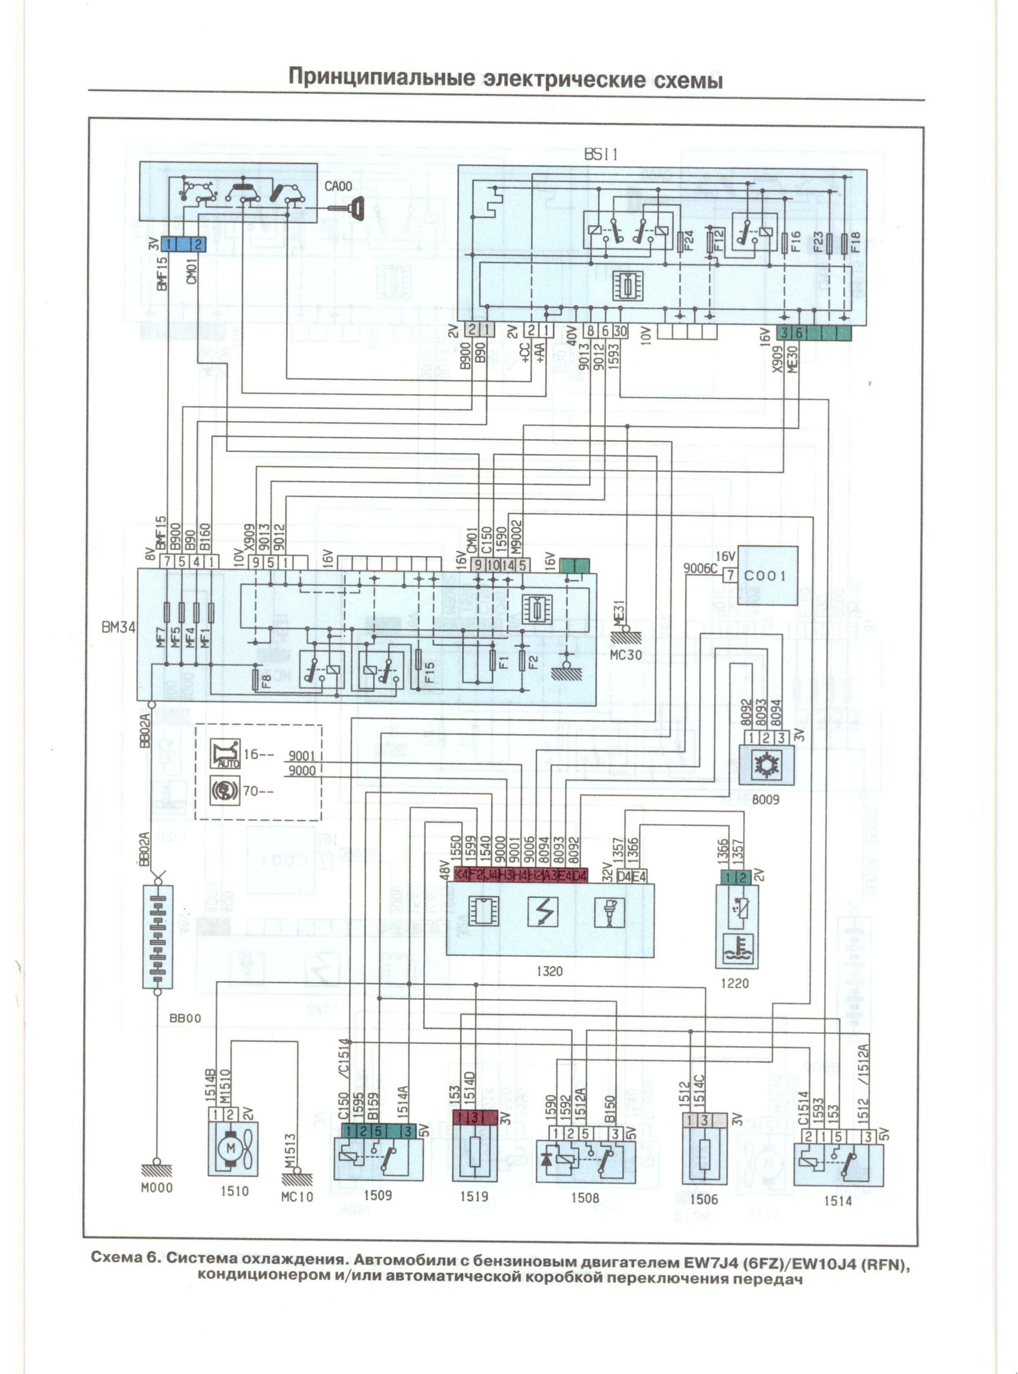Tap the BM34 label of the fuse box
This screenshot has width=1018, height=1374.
[x=118, y=628]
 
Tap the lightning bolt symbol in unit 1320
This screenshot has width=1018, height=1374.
[x=543, y=912]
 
